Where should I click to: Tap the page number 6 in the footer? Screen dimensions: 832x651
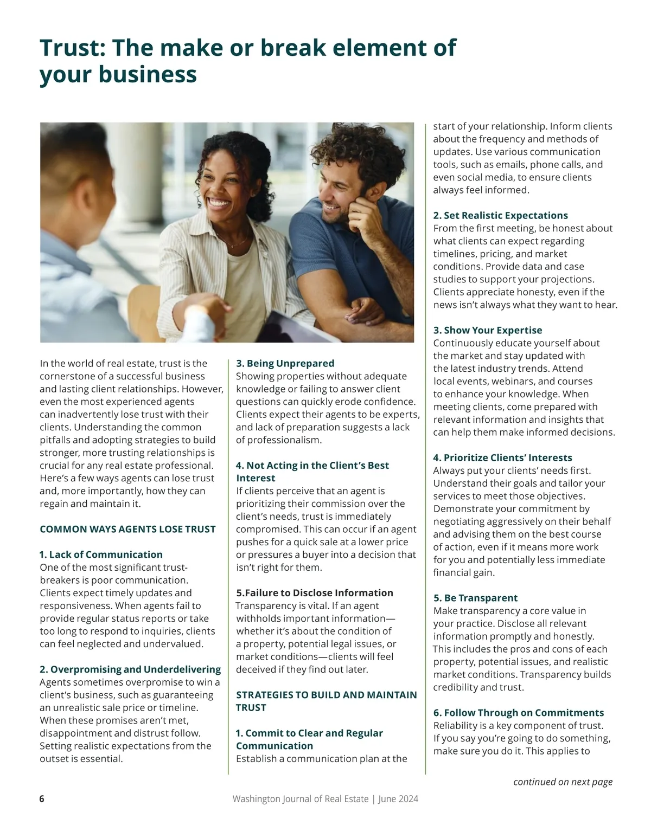(42, 799)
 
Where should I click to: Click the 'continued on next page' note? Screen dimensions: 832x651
(563, 782)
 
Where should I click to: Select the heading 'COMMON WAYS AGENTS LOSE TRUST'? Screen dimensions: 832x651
(127, 529)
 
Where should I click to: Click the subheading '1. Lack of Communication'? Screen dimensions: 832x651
(101, 554)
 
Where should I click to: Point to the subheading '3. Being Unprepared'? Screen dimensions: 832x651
(285, 363)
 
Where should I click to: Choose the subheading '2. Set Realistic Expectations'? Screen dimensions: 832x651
(500, 215)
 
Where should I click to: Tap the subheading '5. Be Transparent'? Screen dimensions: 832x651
(475, 598)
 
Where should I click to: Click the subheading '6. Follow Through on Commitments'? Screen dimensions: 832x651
(518, 713)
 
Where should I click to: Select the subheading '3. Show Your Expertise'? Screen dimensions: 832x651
(487, 330)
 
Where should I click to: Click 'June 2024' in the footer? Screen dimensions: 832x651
(398, 799)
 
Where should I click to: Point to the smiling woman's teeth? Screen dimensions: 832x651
(219, 204)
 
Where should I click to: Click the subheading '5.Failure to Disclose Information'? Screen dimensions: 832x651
(314, 593)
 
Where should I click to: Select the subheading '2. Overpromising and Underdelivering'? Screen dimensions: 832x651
(130, 669)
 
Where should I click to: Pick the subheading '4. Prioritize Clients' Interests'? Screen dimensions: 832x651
(502, 457)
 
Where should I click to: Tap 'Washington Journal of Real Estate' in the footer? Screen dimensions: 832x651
(300, 799)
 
